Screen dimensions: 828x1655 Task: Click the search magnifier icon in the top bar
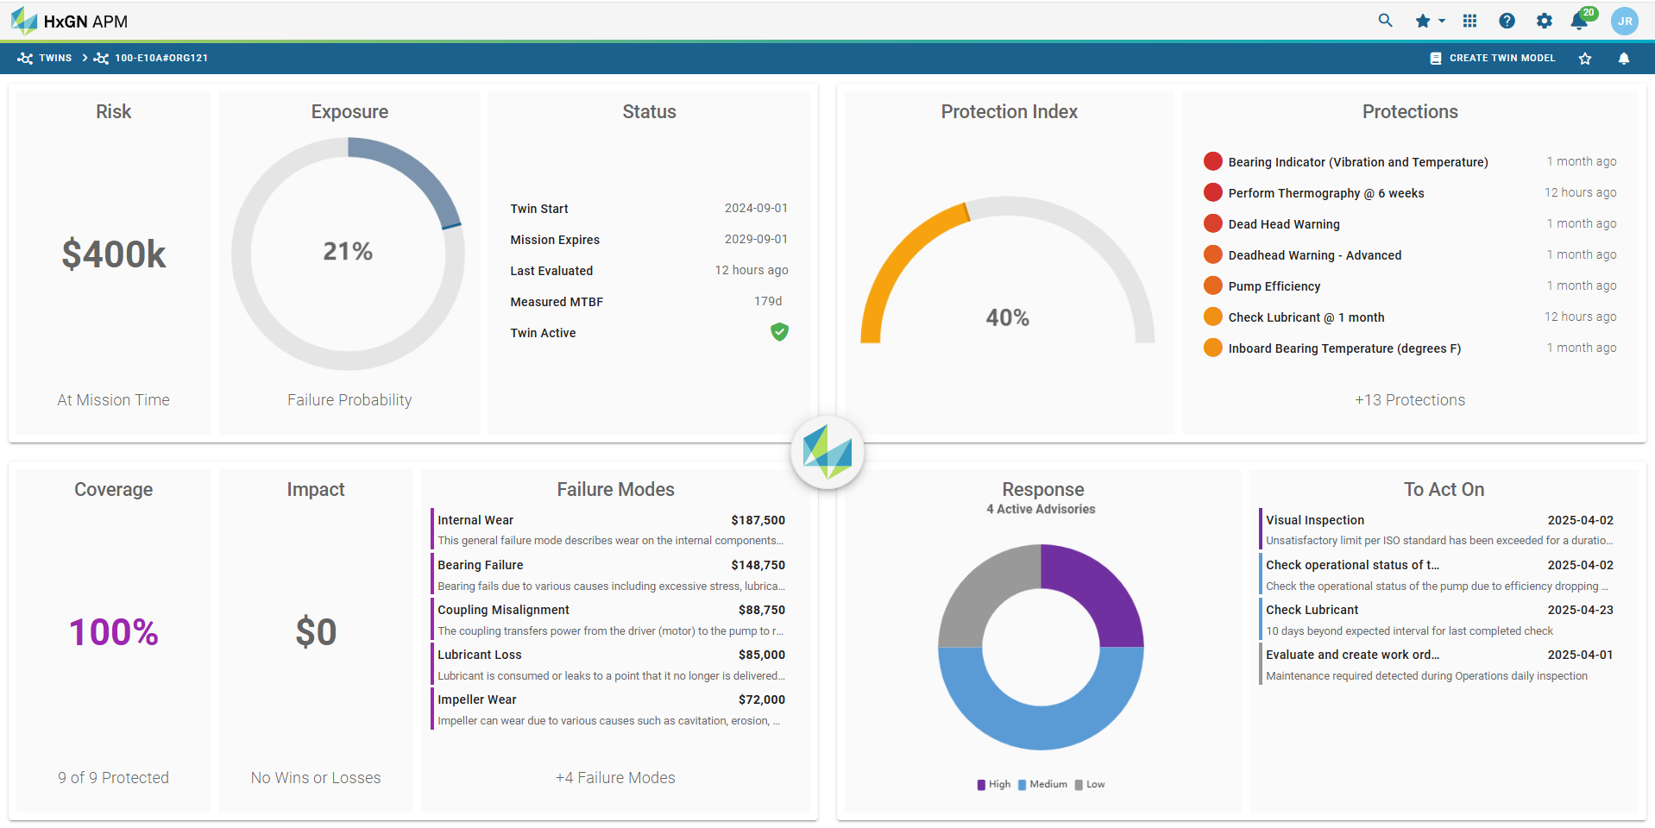click(x=1385, y=21)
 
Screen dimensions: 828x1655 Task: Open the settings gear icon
click(x=1544, y=21)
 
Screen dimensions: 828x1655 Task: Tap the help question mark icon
click(x=1507, y=21)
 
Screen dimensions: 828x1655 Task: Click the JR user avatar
click(x=1624, y=21)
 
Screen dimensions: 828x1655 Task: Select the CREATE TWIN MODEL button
click(x=1493, y=58)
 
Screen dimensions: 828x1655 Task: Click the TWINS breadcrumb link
click(x=54, y=58)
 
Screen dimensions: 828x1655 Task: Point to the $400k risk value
click(x=114, y=254)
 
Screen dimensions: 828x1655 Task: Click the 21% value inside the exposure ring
click(x=348, y=251)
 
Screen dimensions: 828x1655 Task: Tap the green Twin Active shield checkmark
click(x=779, y=332)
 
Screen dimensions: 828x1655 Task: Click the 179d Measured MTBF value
click(x=768, y=301)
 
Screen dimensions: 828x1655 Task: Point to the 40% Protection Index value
click(x=1007, y=317)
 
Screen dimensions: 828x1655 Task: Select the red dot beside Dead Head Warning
click(x=1212, y=223)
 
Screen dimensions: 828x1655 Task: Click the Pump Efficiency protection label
click(x=1274, y=286)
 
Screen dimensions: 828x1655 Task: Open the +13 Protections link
click(x=1409, y=400)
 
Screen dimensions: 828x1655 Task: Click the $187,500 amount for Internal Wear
click(x=758, y=520)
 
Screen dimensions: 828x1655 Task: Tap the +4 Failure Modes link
click(x=615, y=778)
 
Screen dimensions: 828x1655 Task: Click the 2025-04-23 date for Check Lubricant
click(x=1580, y=610)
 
